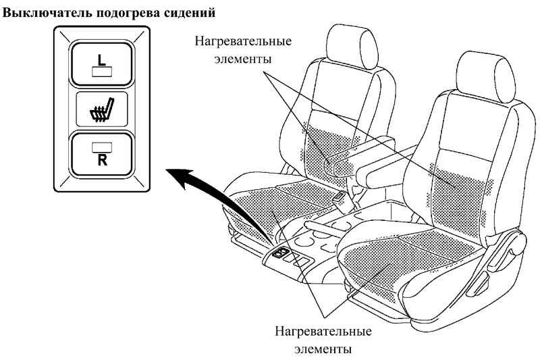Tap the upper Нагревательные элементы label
[x=244, y=49]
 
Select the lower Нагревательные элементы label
[x=323, y=341]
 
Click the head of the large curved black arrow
[x=177, y=178]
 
